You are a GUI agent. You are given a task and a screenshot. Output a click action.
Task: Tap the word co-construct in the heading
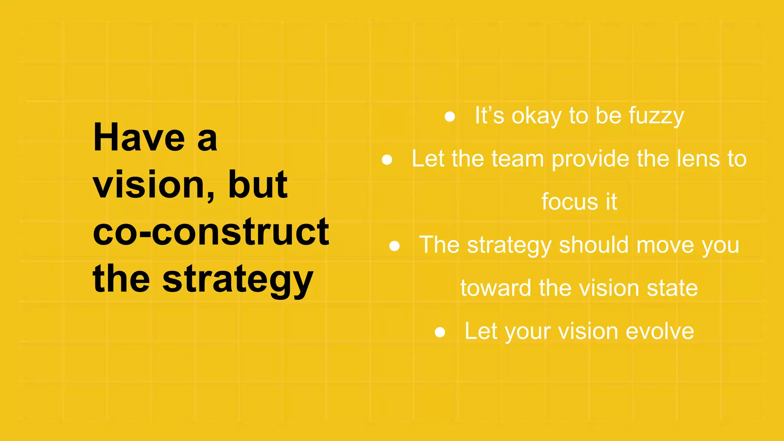pos(211,232)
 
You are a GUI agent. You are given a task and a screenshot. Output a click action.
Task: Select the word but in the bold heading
pos(258,185)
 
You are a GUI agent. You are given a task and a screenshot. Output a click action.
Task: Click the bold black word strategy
pos(238,280)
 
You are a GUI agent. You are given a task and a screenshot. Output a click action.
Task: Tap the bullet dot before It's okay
pos(450,116)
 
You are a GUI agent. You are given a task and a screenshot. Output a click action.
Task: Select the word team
pos(518,159)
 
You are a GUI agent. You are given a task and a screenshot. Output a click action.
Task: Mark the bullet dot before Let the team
pos(387,160)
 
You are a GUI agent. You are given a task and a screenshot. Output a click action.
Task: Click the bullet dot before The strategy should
pos(394,246)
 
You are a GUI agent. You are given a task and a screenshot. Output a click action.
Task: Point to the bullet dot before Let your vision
pos(440,332)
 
